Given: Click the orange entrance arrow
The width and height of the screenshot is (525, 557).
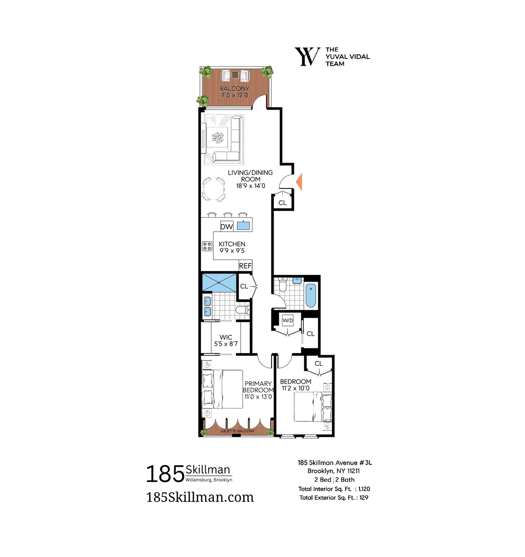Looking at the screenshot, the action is click(299, 182).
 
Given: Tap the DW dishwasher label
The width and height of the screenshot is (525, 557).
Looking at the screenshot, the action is click(227, 227).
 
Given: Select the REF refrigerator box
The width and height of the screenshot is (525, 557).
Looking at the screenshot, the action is click(245, 266).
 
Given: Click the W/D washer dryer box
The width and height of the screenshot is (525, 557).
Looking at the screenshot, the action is click(288, 321).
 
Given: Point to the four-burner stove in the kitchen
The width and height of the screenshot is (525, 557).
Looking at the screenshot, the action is click(207, 246).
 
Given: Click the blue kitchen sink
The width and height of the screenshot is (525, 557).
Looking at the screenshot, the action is click(243, 226).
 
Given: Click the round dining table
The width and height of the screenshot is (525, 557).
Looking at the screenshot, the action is click(214, 189).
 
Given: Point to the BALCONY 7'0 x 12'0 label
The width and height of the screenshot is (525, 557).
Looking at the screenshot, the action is click(235, 92).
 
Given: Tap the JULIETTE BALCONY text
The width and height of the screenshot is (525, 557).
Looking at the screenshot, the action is click(237, 431).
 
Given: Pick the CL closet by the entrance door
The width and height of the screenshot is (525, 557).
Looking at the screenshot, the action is click(283, 203).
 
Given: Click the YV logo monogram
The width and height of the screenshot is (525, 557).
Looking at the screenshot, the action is click(307, 57).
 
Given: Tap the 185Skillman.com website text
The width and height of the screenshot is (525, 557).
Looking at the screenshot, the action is click(200, 497).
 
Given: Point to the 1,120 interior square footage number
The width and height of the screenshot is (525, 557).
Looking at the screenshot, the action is click(364, 489).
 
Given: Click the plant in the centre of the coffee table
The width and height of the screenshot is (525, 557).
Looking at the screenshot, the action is click(218, 138).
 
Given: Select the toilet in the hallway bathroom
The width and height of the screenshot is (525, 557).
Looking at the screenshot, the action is click(283, 284).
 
